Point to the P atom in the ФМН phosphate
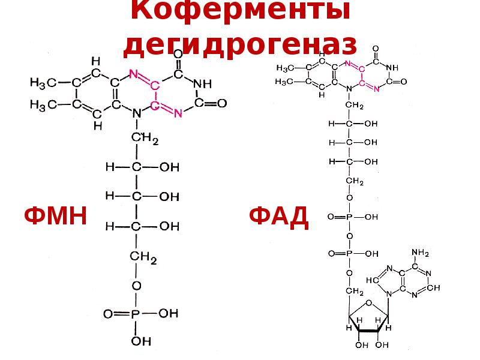click(136, 313)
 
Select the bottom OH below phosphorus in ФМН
click(137, 341)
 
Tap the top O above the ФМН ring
click(178, 54)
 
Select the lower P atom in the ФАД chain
click(349, 253)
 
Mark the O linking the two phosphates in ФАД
click(349, 235)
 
